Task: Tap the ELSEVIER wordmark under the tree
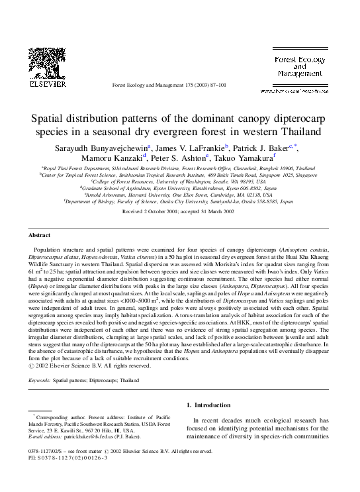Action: [43, 85]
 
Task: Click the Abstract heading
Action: [40, 235]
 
